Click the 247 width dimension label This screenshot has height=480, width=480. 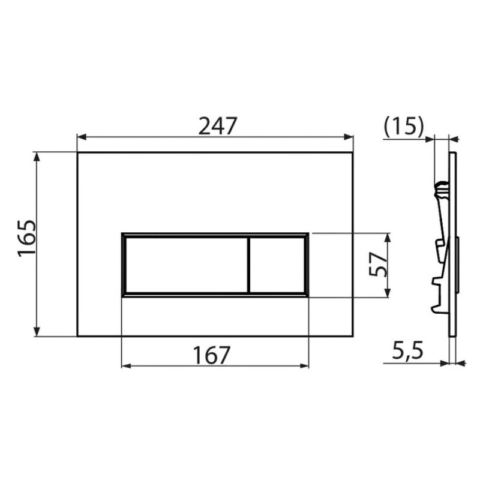pos(218,126)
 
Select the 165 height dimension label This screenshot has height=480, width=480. pos(27,238)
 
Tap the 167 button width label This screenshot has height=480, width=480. pos(212,355)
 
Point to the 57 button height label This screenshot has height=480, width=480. pos(378,265)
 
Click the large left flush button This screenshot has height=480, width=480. pos(186,265)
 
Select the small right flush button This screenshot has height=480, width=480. pos(277,265)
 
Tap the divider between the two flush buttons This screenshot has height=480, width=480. pos(248,265)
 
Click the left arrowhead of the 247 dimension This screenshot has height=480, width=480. pos(82,137)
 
